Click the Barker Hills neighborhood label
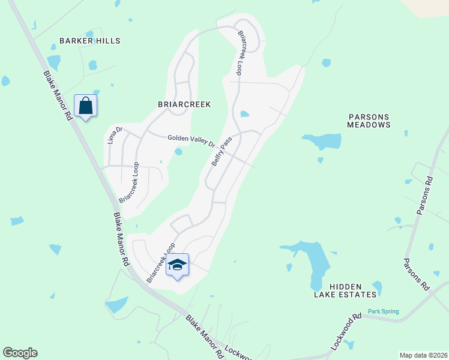point(89,41)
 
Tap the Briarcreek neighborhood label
point(184,104)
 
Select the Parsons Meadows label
point(369,121)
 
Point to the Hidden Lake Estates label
point(345,290)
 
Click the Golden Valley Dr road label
point(191,140)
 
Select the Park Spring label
point(383,311)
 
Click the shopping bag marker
point(86,106)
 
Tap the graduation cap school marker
point(178,265)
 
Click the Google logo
point(20,353)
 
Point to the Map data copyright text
point(423,355)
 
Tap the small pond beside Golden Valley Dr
point(178,152)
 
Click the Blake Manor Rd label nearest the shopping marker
point(57,96)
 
